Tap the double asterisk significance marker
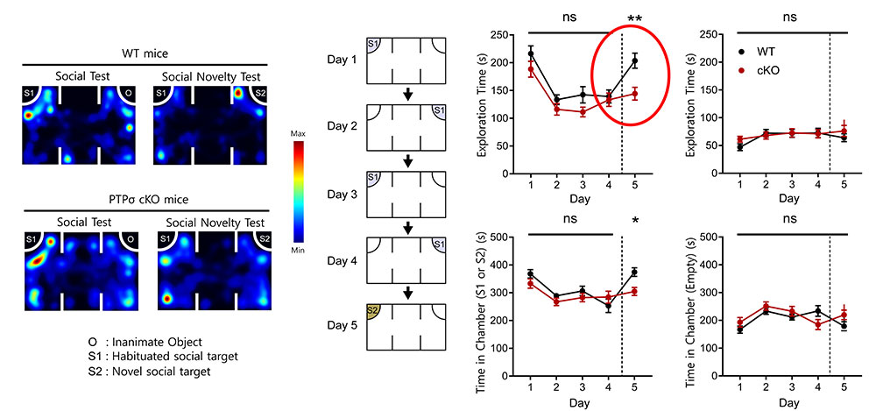[x=635, y=18]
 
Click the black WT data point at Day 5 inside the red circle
[x=635, y=61]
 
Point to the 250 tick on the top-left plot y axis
[x=502, y=35]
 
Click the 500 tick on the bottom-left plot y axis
[x=502, y=237]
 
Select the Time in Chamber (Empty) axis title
[x=692, y=312]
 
